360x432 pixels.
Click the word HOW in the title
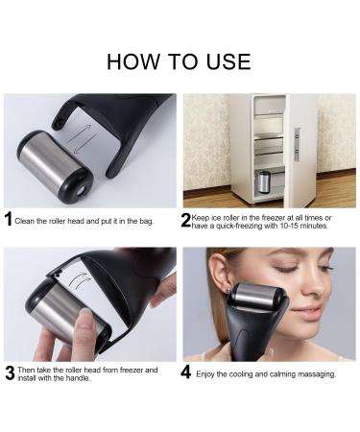click(133, 61)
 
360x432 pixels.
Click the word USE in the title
click(228, 61)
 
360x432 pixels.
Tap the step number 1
click(9, 219)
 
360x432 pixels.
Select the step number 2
click(186, 221)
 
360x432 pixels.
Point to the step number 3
click(11, 373)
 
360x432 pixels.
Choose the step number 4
click(186, 372)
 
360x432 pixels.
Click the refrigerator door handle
click(297, 144)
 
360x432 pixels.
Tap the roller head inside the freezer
click(264, 182)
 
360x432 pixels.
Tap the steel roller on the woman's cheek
click(256, 294)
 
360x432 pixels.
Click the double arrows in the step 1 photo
click(82, 138)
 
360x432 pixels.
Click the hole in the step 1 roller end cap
click(81, 191)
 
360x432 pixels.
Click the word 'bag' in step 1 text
click(146, 222)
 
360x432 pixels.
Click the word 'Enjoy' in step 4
click(204, 374)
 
